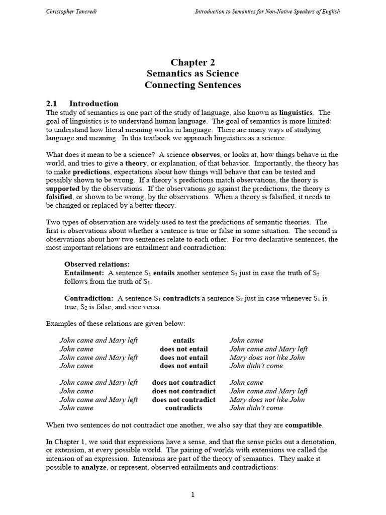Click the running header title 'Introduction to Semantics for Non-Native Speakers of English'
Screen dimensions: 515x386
click(267, 12)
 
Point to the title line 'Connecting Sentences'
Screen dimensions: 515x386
click(192, 84)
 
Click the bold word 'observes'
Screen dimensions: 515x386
click(205, 154)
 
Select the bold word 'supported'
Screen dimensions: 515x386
click(63, 189)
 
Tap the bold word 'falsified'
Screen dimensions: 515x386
click(62, 197)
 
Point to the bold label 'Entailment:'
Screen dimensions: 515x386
click(83, 273)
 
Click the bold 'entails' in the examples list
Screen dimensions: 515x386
click(183, 340)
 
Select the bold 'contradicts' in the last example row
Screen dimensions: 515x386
click(183, 408)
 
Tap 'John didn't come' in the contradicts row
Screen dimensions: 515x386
click(256, 408)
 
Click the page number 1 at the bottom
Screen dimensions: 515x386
click(192, 495)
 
